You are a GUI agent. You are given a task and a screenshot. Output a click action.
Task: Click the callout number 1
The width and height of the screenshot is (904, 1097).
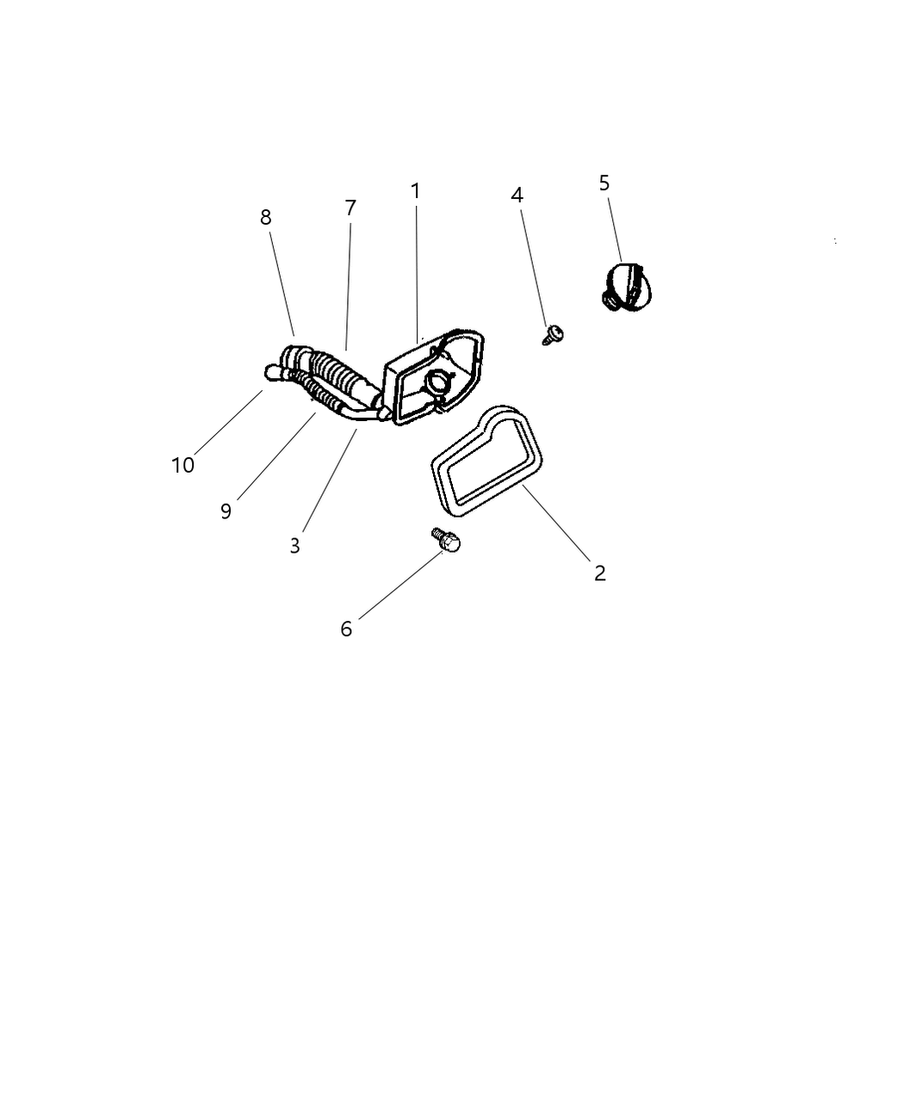(416, 191)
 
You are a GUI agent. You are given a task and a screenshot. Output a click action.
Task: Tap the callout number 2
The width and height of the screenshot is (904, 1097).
(600, 573)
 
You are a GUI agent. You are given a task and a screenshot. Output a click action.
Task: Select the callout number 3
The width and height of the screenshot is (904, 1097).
(294, 546)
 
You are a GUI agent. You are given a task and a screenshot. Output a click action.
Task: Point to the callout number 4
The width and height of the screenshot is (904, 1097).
(517, 195)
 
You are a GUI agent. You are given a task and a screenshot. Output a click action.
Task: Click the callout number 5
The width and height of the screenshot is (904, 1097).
(604, 183)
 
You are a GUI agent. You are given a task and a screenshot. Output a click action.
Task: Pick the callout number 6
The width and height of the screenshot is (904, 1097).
(345, 629)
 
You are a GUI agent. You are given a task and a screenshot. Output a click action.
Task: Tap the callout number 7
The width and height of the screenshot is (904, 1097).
(350, 208)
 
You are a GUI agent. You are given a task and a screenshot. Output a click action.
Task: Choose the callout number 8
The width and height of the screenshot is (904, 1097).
(265, 217)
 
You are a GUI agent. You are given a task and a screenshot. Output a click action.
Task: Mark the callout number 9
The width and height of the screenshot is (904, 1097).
(226, 511)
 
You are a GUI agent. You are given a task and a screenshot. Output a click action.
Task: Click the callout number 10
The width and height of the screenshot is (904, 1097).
(183, 465)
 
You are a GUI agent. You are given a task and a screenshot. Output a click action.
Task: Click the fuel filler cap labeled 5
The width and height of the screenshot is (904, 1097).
(626, 287)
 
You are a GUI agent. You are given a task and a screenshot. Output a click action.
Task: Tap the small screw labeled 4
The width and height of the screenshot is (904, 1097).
(553, 335)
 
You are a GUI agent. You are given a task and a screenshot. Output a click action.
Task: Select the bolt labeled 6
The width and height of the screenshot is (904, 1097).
(446, 540)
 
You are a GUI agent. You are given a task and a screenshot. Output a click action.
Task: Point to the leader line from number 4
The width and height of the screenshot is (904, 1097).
(534, 268)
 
